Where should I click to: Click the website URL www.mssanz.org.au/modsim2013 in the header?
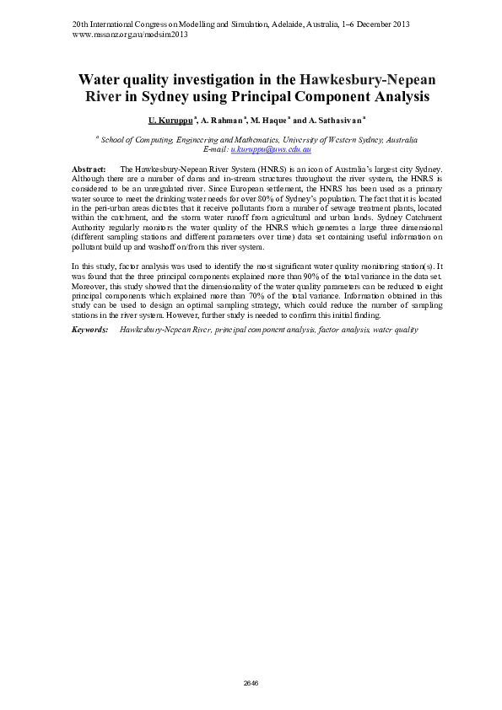click(x=131, y=35)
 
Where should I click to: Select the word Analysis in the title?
click(x=395, y=96)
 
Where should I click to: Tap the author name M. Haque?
click(x=271, y=121)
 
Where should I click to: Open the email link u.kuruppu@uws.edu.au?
click(x=271, y=148)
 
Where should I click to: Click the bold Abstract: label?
click(x=89, y=169)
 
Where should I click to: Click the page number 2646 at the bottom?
click(x=251, y=683)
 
